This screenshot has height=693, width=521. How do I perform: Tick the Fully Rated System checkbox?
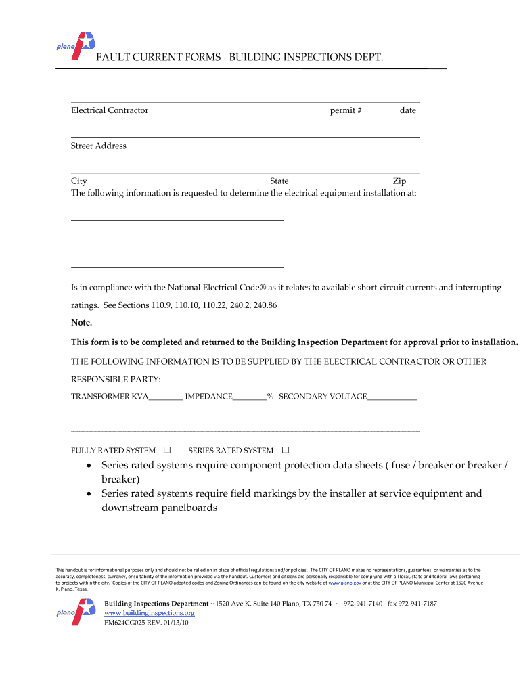(x=167, y=450)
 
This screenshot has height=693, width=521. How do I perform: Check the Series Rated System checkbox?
(x=285, y=450)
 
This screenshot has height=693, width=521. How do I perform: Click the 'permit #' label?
(x=346, y=110)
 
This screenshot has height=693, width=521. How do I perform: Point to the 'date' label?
(x=407, y=110)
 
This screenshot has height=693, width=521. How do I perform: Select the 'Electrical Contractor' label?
(x=110, y=110)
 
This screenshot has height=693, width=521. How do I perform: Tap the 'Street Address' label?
(x=99, y=146)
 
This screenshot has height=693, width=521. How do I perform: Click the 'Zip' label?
(x=399, y=181)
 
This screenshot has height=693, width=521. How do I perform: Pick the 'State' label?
(x=279, y=181)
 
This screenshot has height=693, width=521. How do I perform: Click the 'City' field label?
(x=79, y=181)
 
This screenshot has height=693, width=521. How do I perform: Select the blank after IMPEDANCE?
(x=250, y=397)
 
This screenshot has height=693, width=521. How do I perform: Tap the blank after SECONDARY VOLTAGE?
(x=392, y=397)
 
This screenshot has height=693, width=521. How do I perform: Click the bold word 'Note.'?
(x=82, y=322)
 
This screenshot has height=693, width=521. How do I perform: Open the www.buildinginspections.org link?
(x=149, y=613)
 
